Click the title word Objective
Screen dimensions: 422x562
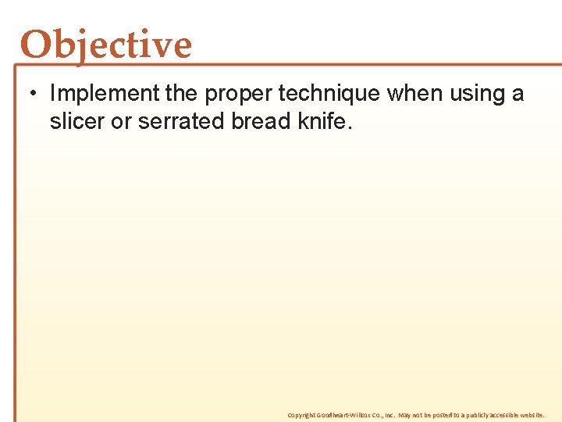(105, 45)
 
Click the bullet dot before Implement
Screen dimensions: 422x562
(28, 95)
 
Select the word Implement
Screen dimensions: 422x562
(105, 94)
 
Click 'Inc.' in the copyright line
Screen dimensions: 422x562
(389, 415)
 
